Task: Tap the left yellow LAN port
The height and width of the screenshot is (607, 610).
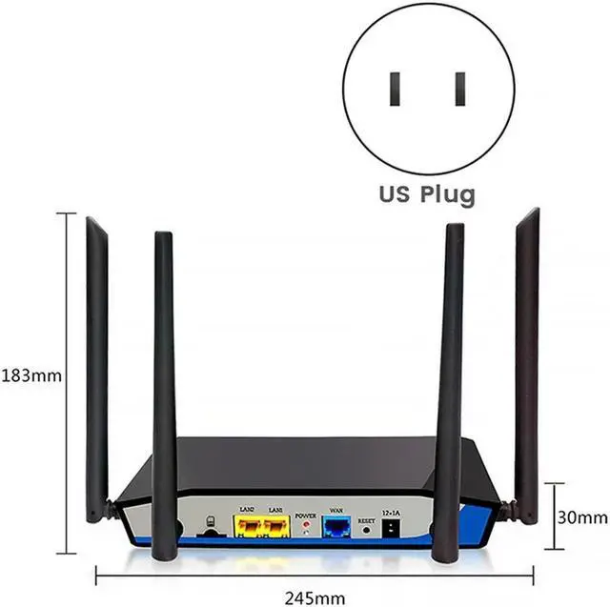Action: tap(248, 526)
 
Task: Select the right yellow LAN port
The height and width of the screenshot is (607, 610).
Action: tap(275, 526)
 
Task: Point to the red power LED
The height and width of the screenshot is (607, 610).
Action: tap(305, 526)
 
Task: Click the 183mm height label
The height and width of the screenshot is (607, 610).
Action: tap(31, 375)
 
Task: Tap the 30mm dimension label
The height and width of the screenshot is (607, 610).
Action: tap(582, 517)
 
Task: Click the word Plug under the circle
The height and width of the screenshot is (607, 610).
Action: tap(439, 195)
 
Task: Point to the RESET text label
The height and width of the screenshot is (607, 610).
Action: tap(366, 514)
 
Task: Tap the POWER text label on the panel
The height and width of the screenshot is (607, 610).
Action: tap(305, 514)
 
